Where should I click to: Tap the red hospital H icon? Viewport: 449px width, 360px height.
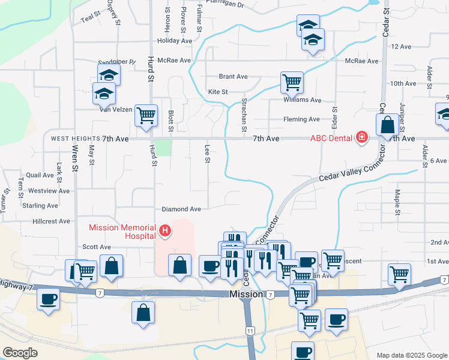tap(164, 230)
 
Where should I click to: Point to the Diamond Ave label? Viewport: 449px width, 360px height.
tap(181, 209)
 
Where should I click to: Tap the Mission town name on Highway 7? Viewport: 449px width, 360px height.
tap(246, 295)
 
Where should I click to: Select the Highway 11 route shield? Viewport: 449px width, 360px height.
tap(249, 331)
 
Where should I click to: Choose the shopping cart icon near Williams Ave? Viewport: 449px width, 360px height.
tap(292, 82)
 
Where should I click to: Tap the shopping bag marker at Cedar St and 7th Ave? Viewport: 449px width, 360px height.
tap(388, 125)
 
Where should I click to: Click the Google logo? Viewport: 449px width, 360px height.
tap(20, 353)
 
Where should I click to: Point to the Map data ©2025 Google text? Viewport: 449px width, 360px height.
tap(411, 355)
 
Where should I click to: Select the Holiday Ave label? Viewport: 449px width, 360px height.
tap(174, 41)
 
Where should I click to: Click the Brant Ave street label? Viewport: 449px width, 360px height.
tap(234, 77)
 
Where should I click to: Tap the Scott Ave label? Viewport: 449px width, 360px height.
tap(97, 247)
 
